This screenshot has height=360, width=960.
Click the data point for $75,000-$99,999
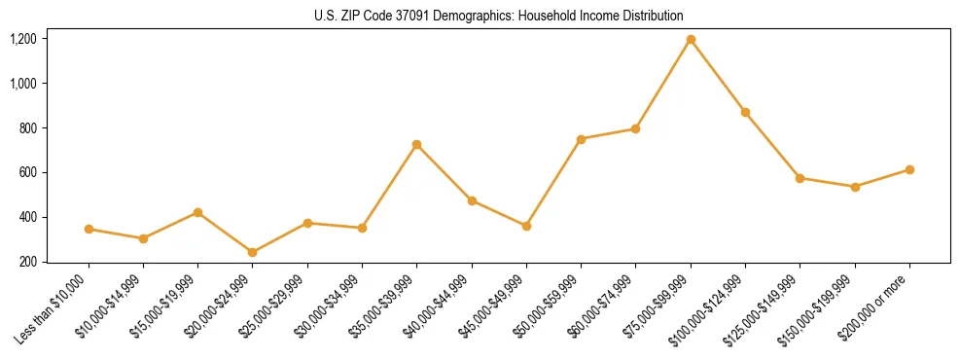click(691, 40)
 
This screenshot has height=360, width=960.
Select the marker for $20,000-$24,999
click(253, 252)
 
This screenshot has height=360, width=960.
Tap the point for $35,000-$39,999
click(416, 145)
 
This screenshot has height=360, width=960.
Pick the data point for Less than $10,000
click(89, 229)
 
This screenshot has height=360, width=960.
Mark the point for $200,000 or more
click(909, 169)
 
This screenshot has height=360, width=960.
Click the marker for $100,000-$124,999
click(745, 113)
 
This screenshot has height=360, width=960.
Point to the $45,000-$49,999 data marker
click(526, 226)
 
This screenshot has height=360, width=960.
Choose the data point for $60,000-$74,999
click(636, 128)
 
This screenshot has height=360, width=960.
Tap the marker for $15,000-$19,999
click(197, 212)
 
